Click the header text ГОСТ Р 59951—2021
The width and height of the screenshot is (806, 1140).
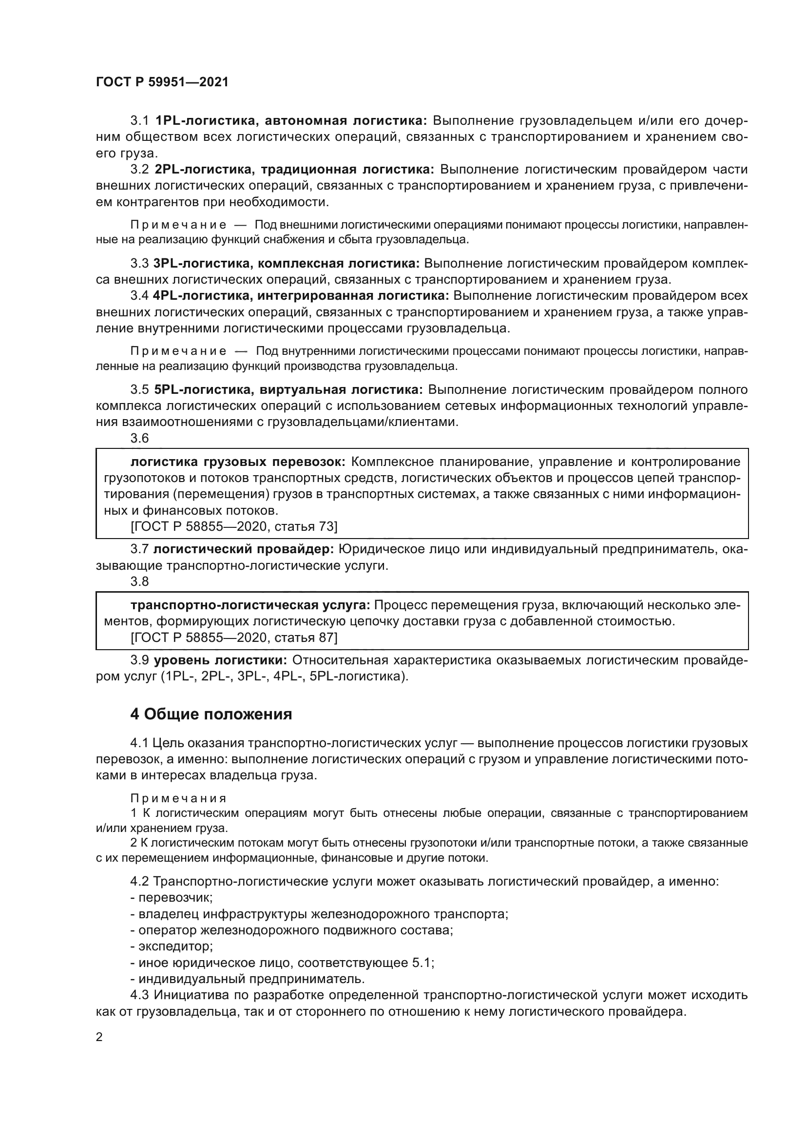pos(162,82)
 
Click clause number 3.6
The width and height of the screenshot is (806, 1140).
pos(139,438)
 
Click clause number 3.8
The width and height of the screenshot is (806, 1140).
pos(139,581)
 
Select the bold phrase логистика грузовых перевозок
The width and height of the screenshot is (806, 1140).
pos(238,462)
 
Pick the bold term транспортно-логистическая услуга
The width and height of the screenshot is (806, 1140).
pos(250,605)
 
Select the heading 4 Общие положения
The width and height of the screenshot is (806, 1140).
pos(211,715)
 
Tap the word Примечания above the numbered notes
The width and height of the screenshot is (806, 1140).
pos(178,798)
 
